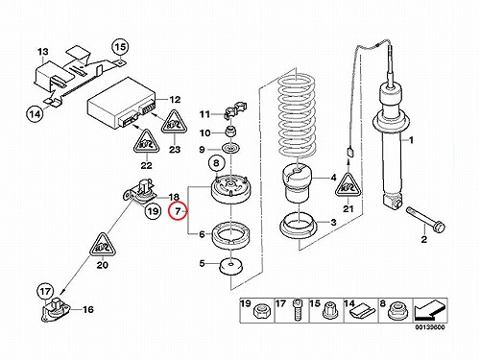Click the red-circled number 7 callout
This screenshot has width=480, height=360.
point(178,211)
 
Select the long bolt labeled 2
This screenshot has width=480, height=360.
point(425,220)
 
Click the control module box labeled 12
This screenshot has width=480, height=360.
point(122,102)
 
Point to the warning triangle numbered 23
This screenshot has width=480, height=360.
point(175,123)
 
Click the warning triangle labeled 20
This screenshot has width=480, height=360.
point(103,246)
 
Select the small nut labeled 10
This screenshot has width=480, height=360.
point(230,132)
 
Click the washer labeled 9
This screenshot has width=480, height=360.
point(230,149)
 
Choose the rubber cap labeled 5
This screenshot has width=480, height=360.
point(230,267)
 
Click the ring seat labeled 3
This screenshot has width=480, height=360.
point(299,227)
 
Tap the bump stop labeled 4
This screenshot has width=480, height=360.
point(296,183)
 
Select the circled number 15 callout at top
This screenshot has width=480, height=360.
point(120,47)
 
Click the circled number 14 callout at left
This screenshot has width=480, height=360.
point(35,113)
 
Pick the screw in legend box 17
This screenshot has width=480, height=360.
point(298,310)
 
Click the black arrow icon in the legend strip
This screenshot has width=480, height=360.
point(429,310)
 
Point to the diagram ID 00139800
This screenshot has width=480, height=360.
point(430,327)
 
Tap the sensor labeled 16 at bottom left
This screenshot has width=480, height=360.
point(56,309)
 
